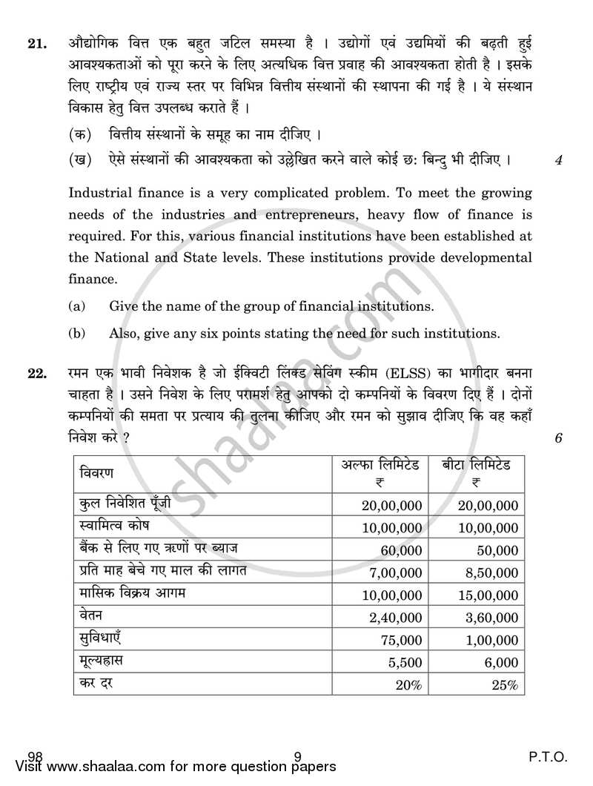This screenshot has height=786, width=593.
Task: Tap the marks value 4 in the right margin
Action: click(557, 160)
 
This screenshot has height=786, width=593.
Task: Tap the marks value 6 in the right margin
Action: click(557, 438)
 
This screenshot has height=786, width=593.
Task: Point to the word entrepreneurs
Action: click(322, 216)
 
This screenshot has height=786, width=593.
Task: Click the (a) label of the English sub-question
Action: click(76, 306)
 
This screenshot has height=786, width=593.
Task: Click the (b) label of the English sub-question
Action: click(76, 334)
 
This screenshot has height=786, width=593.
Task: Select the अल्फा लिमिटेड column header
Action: click(380, 465)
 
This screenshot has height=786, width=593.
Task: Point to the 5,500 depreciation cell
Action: click(405, 662)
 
